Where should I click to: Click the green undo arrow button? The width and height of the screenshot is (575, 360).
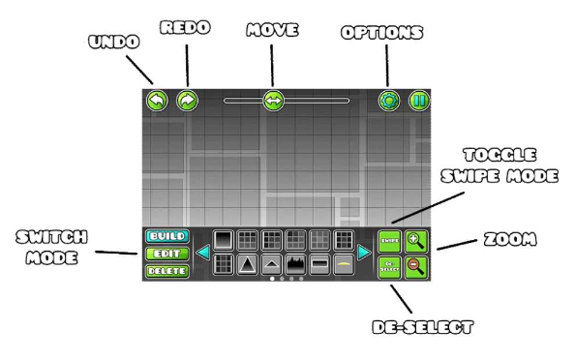click(157, 100)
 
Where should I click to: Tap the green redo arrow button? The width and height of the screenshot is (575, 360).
click(187, 100)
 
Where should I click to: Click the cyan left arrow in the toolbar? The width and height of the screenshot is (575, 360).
click(203, 253)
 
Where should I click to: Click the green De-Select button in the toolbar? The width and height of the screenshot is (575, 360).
click(389, 266)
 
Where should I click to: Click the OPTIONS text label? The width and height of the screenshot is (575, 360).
click(383, 32)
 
